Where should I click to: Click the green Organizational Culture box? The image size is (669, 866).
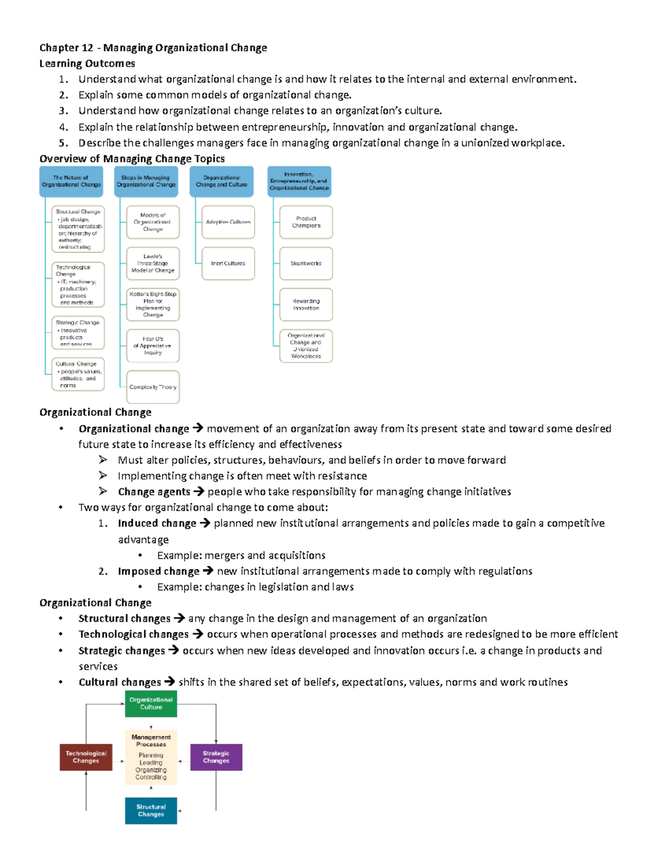click(151, 703)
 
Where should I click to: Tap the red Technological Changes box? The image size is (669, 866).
click(86, 757)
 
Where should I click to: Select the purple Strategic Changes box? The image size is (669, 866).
click(216, 757)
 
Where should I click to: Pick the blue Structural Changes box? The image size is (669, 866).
click(151, 810)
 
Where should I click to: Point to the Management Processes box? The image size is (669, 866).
click(151, 757)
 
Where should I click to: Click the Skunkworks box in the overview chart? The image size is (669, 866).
click(306, 263)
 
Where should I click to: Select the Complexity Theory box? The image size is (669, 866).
click(153, 386)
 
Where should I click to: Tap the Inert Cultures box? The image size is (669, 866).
click(228, 263)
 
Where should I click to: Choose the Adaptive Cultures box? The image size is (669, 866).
click(228, 222)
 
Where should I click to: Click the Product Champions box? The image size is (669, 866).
click(306, 222)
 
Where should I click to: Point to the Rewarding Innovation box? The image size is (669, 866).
click(306, 304)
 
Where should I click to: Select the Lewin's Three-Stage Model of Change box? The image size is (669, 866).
click(153, 263)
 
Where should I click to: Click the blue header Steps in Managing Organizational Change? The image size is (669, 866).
click(146, 181)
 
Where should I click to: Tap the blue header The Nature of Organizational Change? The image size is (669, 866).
click(71, 181)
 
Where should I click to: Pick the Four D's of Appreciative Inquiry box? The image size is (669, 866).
click(153, 346)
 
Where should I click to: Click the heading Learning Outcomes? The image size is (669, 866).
click(87, 64)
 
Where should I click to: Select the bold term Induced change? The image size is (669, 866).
click(157, 523)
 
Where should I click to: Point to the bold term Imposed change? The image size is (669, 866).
click(158, 571)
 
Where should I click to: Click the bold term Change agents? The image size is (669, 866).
click(154, 491)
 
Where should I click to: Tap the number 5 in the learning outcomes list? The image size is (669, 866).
click(63, 143)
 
